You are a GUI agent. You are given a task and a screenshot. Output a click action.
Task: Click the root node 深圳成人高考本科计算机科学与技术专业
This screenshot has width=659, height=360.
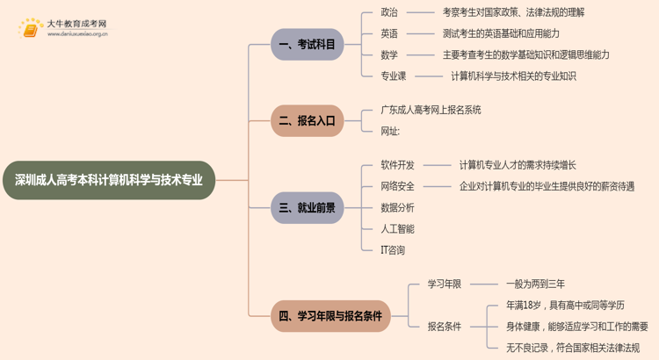coord(109,180)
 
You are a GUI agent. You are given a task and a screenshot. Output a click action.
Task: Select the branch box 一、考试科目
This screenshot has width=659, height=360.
coord(307,45)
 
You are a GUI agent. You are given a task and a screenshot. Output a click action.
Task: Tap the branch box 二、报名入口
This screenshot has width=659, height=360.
coord(307,121)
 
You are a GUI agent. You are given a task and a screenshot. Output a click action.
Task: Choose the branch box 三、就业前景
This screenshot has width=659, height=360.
coord(307,208)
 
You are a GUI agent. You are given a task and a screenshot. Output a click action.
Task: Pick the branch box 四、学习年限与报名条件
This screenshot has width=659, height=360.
coord(330,315)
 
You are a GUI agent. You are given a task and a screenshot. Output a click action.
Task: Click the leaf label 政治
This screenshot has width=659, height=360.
coord(389,12)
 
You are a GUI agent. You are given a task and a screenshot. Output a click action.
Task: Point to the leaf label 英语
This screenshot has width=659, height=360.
coord(389,33)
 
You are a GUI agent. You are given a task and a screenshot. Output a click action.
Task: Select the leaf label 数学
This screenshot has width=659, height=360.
coord(389,54)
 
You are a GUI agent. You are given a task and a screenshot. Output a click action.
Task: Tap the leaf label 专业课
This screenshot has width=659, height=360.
coord(394,76)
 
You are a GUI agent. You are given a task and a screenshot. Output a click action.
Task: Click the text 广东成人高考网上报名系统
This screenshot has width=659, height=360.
coord(431,110)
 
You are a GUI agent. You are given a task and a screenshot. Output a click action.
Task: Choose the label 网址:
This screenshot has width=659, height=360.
coord(390,131)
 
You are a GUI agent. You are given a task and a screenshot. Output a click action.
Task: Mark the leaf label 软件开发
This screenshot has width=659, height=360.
coord(398,165)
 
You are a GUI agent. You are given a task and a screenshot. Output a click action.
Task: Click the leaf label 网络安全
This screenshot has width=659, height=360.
coord(398,186)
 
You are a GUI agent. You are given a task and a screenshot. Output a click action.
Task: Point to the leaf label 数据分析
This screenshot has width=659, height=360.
coord(398,207)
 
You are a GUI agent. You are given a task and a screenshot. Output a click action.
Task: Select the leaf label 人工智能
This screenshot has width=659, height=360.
coord(398,228)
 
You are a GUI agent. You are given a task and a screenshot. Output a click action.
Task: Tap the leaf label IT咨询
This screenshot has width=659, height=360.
coord(393,250)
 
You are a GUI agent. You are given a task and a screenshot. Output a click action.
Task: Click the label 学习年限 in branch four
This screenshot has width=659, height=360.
coord(445,284)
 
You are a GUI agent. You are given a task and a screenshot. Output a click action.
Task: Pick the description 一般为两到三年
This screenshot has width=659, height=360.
coord(535,284)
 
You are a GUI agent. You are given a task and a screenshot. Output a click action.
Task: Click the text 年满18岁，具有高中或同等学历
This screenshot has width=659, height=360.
coord(565,305)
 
